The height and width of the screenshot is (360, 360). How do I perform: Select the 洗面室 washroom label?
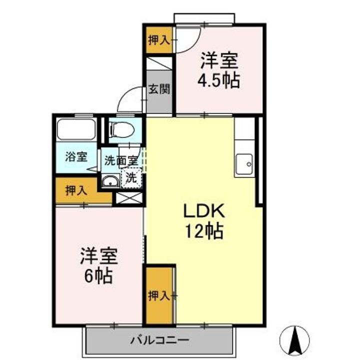point(120,161)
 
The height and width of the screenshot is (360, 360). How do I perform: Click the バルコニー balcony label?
point(160,341)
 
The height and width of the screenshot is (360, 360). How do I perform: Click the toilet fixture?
point(122,129)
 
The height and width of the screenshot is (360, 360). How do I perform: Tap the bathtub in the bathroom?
point(76,129)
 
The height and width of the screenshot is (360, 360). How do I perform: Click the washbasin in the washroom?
point(109,181)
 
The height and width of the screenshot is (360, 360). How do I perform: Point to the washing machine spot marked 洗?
point(131,177)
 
